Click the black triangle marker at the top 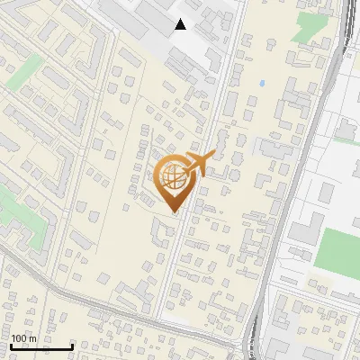click(x=181, y=24)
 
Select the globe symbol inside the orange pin click(x=174, y=179)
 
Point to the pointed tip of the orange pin click(x=174, y=214)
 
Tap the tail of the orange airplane click(x=186, y=170)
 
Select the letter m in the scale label click(x=32, y=338)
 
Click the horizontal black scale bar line click(x=41, y=346)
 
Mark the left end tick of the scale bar click(x=11, y=346)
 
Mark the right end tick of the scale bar click(x=72, y=346)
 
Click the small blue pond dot click(x=262, y=84)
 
